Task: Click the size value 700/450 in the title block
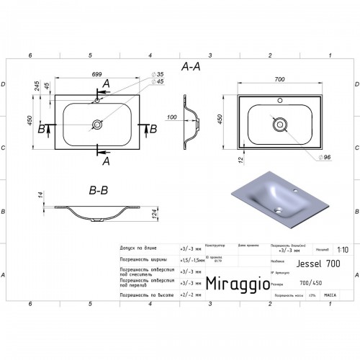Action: [289, 284]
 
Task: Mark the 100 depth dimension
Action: [171, 117]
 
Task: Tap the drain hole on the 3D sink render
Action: [282, 210]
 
